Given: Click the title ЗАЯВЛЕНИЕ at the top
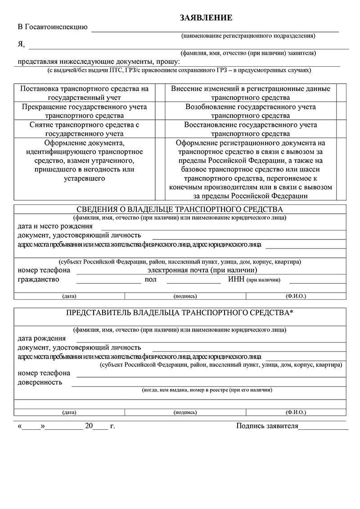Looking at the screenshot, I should coord(206,18).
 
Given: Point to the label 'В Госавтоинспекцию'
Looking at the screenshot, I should coord(53,27).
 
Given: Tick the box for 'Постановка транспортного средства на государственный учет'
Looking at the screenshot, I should coord(158,93).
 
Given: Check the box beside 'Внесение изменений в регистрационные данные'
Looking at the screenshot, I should coord(342,93).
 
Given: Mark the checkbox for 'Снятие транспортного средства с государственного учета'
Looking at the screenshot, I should coord(158,129).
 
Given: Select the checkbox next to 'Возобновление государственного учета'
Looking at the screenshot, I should coord(342,111).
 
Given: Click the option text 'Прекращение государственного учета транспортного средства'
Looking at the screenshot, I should coord(85,111).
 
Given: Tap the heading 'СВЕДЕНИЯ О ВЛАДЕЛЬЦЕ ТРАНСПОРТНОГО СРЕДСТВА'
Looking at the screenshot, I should coord(180,210).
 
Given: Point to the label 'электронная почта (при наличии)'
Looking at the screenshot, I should coord(202,270).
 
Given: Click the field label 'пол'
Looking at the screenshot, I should coord(151,279).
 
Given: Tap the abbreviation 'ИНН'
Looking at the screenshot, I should coord(236,279).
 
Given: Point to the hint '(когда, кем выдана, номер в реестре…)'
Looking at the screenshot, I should coord(207,390).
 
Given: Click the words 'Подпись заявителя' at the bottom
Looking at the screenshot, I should coord(267,426).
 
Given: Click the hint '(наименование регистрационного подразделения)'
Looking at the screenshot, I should coord(248,36).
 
